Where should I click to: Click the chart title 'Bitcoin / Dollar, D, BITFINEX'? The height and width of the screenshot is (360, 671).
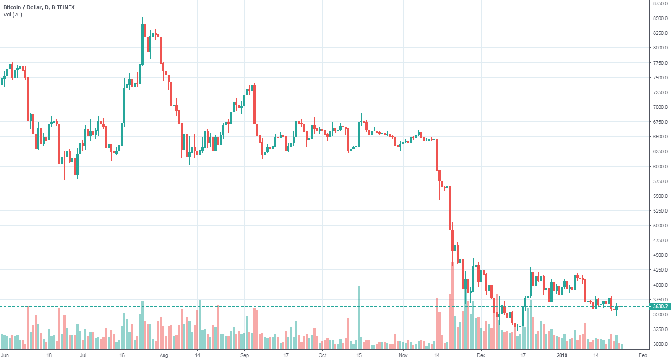(x=39, y=7)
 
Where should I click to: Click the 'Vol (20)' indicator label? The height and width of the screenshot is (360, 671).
(x=13, y=15)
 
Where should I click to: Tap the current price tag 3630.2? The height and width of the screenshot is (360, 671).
(x=660, y=306)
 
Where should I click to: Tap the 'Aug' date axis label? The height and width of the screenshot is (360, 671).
(x=164, y=355)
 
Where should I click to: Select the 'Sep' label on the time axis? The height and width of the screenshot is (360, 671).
(x=244, y=355)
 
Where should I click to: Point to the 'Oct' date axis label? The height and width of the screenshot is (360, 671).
(x=322, y=355)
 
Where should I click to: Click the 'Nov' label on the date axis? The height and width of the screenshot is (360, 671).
(x=403, y=355)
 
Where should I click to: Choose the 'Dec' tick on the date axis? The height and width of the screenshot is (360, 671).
(x=481, y=355)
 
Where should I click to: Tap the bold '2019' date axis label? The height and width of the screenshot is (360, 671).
(x=562, y=355)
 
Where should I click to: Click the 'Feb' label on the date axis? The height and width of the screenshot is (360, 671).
(x=643, y=355)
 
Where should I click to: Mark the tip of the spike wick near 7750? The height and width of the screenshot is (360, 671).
(x=359, y=60)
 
